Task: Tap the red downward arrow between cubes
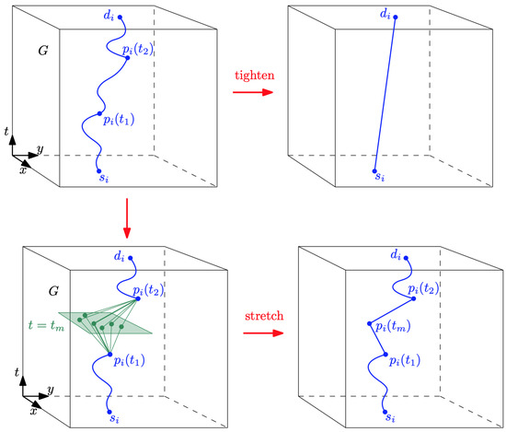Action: (x=127, y=216)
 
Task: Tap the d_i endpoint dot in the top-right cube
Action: (x=396, y=17)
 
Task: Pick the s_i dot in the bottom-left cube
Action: (x=109, y=413)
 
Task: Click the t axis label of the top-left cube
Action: (x=8, y=134)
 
